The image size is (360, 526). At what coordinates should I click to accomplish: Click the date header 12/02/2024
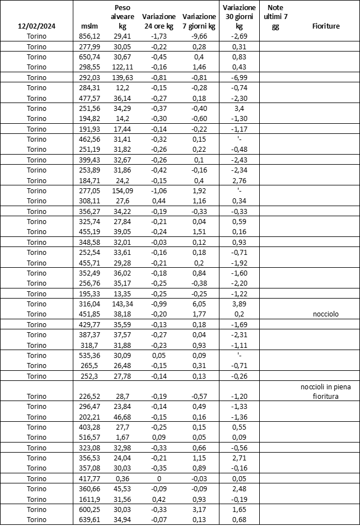37,26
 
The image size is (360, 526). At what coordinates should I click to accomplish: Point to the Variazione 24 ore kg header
159,21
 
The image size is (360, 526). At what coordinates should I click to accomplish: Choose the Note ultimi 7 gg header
275,17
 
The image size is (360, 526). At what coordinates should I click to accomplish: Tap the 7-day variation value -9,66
199,36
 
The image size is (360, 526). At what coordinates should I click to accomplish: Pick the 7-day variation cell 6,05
199,304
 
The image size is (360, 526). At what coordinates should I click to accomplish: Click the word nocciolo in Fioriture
326,314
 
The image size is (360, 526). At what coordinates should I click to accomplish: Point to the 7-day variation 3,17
199,509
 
